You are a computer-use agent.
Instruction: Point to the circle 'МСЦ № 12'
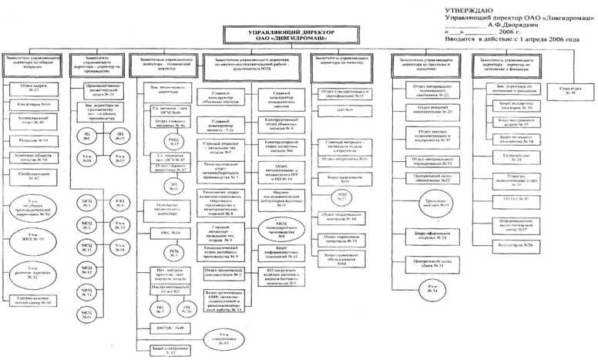pos(88,272)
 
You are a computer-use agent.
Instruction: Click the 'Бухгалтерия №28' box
pos(526,244)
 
